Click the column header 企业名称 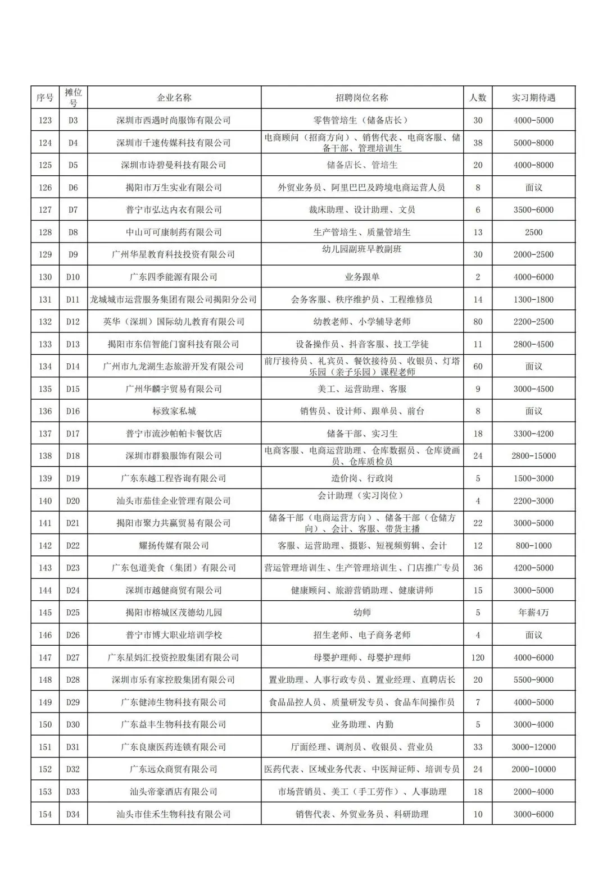click(174, 98)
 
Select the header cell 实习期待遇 click(533, 98)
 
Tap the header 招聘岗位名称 click(362, 98)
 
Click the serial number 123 click(45, 120)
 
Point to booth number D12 click(73, 322)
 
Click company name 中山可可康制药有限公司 click(174, 232)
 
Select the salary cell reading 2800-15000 click(533, 456)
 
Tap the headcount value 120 click(478, 658)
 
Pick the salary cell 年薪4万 click(533, 613)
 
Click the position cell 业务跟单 click(362, 277)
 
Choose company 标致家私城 click(174, 411)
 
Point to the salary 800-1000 click(533, 545)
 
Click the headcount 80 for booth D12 click(478, 322)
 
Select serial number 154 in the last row click(45, 814)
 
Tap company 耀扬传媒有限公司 click(174, 545)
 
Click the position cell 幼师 click(362, 613)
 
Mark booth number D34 click(73, 814)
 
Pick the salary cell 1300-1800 click(533, 299)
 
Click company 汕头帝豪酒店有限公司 click(174, 792)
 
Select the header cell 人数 click(478, 98)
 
